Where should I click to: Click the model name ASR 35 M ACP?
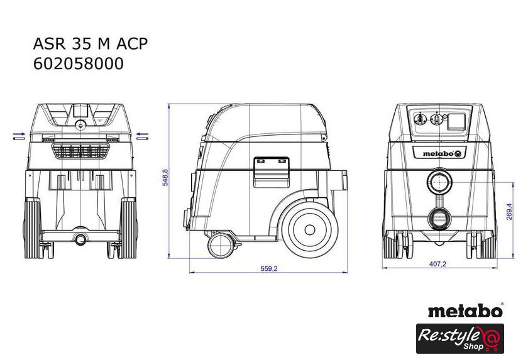tap(91, 44)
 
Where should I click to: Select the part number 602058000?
tap(79, 63)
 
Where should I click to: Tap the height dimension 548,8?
tap(165, 177)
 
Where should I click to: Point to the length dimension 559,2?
tap(269, 268)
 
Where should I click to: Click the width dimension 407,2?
tap(437, 264)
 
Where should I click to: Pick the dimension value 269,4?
tap(509, 212)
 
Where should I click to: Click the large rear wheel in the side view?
tap(310, 230)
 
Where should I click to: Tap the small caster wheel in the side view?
tap(221, 246)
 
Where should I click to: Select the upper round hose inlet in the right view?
tap(440, 182)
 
